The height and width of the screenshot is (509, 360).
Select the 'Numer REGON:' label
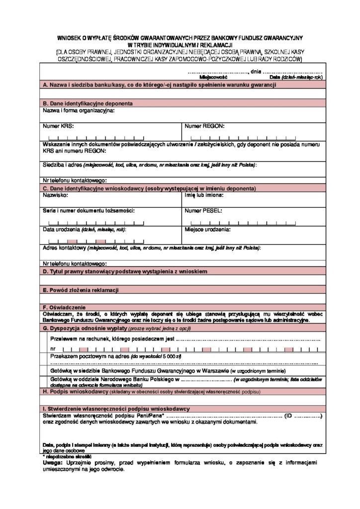(204, 126)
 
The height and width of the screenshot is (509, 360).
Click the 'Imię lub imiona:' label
(204, 196)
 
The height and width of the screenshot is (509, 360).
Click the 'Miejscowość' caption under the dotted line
(213, 78)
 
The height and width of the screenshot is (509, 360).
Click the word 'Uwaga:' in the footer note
(52, 463)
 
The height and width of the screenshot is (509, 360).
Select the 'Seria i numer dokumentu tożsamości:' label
(89, 211)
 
